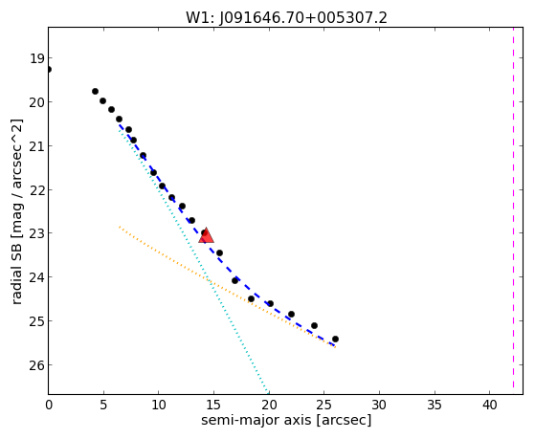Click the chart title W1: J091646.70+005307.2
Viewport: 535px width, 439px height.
(286, 17)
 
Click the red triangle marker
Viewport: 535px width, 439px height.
(206, 235)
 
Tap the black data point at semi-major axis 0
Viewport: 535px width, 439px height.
(49, 69)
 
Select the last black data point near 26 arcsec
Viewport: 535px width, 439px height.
(335, 339)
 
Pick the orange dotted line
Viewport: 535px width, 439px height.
(227, 287)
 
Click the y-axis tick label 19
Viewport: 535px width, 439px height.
(36, 58)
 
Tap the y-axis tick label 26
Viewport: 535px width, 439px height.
(36, 365)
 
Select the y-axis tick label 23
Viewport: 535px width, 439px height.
(36, 234)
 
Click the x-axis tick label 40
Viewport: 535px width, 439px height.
(489, 406)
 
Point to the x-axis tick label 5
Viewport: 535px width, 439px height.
(103, 406)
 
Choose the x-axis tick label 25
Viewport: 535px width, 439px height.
(323, 406)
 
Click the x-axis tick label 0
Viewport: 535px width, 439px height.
(49, 406)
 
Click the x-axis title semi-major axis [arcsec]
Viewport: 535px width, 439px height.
(286, 420)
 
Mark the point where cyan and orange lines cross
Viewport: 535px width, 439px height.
(210, 282)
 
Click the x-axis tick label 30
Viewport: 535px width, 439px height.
(379, 406)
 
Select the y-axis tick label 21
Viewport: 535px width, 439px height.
(36, 146)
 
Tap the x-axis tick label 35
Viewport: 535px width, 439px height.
(435, 406)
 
